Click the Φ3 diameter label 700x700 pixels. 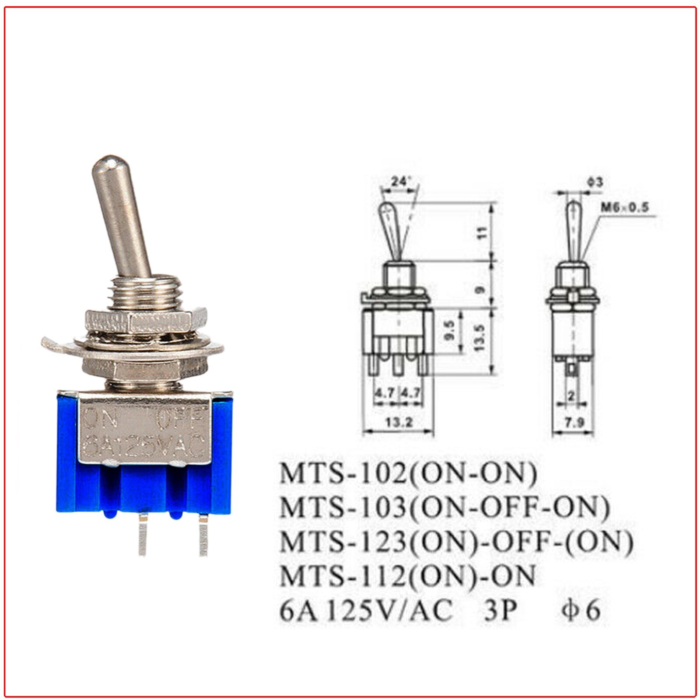tap(594, 181)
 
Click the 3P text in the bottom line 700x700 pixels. tap(497, 609)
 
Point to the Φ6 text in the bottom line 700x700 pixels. tap(580, 609)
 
